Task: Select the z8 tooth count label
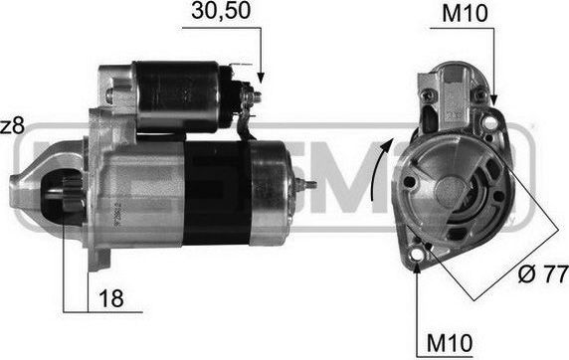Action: (x=11, y=127)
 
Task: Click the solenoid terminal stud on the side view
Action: (x=255, y=97)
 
